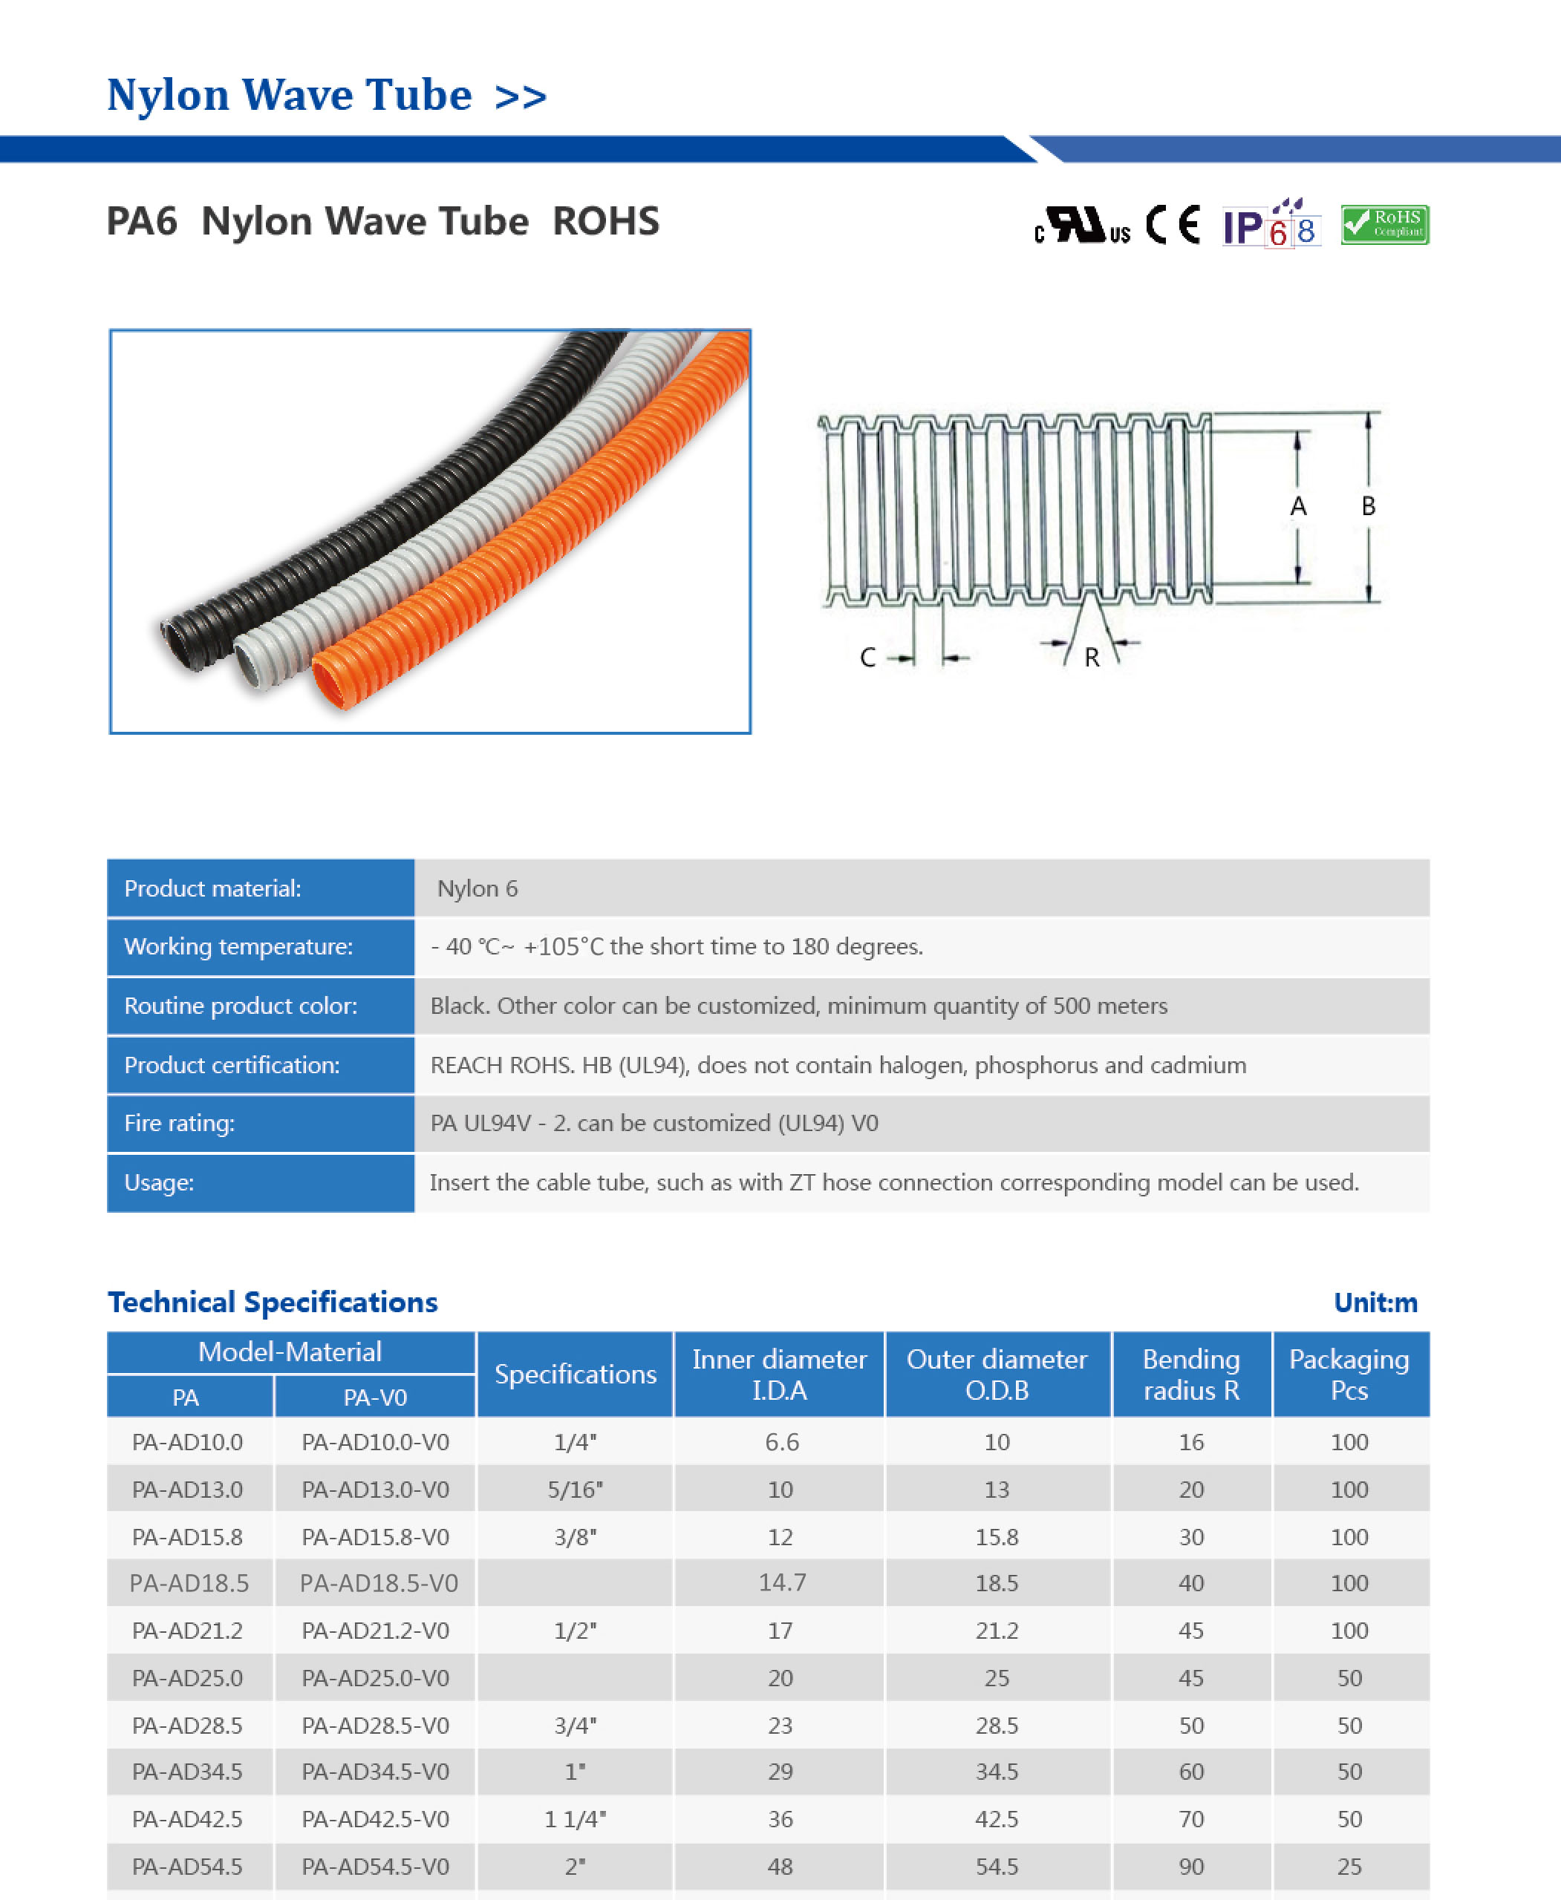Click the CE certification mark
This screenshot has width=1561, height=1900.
click(x=1173, y=225)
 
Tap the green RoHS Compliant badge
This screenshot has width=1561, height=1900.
click(x=1385, y=225)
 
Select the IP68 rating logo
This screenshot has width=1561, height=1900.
click(x=1271, y=223)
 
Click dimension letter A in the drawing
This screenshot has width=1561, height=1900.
click(x=1297, y=507)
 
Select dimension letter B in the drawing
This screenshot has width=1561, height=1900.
click(x=1369, y=506)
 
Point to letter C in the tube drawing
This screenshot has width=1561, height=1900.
click(x=867, y=658)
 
